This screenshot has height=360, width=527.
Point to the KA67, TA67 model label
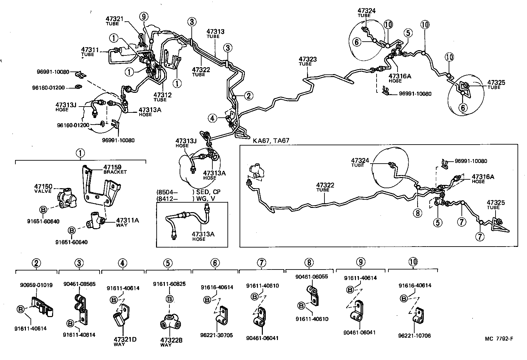pyautogui.click(x=271, y=141)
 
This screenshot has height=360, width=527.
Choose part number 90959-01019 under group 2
pyautogui.click(x=35, y=285)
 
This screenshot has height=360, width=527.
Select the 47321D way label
pyautogui.click(x=125, y=340)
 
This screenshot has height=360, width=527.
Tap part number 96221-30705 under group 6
pyautogui.click(x=216, y=335)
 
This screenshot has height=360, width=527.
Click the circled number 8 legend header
pyautogui.click(x=309, y=263)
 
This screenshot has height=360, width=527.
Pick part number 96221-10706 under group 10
pyautogui.click(x=414, y=335)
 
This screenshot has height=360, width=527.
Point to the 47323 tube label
pyautogui.click(x=307, y=59)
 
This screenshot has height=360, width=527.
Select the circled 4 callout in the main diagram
pyautogui.click(x=213, y=118)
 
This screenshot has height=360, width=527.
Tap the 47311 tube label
pyautogui.click(x=90, y=50)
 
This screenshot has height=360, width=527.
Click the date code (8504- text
pyautogui.click(x=167, y=192)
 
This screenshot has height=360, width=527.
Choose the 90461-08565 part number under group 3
pyautogui.click(x=79, y=284)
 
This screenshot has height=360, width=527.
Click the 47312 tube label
pyautogui.click(x=162, y=95)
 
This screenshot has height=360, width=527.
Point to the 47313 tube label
pyautogui.click(x=215, y=31)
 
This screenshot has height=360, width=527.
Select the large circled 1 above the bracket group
pyautogui.click(x=80, y=153)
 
